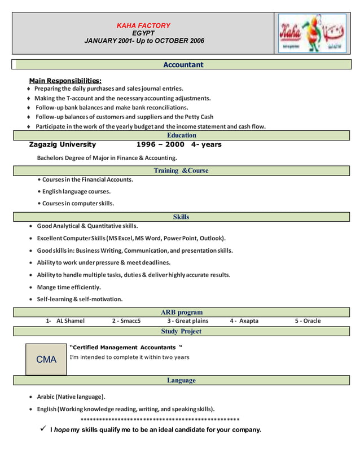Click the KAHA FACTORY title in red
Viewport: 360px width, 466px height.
(x=143, y=25)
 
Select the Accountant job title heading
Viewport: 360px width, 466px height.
(x=183, y=65)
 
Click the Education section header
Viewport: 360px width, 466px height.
(x=182, y=135)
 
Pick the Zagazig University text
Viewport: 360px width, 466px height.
(x=62, y=144)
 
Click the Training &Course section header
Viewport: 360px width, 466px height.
(x=181, y=170)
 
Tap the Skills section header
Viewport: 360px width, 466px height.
(x=181, y=217)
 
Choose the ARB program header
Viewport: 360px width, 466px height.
(x=182, y=312)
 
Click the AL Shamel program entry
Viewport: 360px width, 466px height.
(x=65, y=321)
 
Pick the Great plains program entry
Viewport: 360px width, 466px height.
(x=187, y=321)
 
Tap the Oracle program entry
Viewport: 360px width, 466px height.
(x=308, y=321)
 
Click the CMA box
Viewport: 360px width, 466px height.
(x=46, y=359)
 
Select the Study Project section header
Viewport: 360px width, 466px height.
(x=181, y=331)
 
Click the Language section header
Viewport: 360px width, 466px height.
(x=181, y=380)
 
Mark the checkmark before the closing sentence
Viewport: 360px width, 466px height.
(x=42, y=429)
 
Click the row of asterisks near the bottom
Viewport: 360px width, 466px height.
(x=160, y=420)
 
